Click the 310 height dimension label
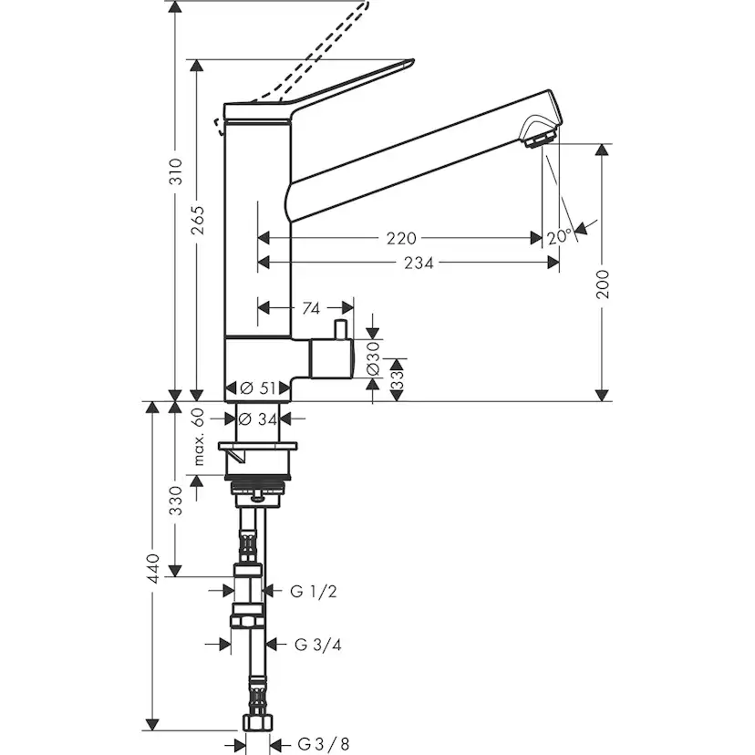click(x=177, y=173)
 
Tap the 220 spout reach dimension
click(x=401, y=238)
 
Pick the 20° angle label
click(x=560, y=236)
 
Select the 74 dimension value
click(x=308, y=308)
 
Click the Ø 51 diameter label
click(x=257, y=388)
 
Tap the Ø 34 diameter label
click(x=257, y=419)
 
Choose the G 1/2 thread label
click(x=314, y=592)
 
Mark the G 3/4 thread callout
click(x=318, y=645)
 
